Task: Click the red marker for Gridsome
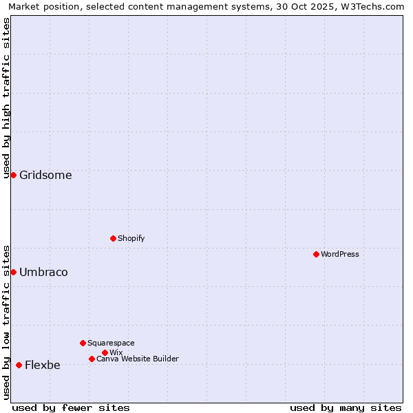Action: coord(13,175)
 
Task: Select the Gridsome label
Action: coord(45,176)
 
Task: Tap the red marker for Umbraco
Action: coord(13,272)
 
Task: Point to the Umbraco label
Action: coord(43,273)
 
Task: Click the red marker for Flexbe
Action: coord(19,365)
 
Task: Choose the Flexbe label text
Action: coord(42,366)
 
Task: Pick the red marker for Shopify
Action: coord(113,238)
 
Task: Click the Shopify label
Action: coord(131,239)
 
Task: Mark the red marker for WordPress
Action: coord(316,254)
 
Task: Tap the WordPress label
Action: coord(339,255)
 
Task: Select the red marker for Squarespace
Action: coord(83,343)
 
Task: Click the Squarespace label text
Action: coord(111,343)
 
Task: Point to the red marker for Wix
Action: coord(105,352)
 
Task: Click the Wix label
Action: coord(116,353)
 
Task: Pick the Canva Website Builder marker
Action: coord(92,359)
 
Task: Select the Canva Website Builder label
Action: coord(137,359)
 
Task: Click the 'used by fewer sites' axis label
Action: coord(71,407)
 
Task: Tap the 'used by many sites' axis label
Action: coord(346,407)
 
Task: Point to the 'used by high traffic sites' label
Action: coord(7,98)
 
